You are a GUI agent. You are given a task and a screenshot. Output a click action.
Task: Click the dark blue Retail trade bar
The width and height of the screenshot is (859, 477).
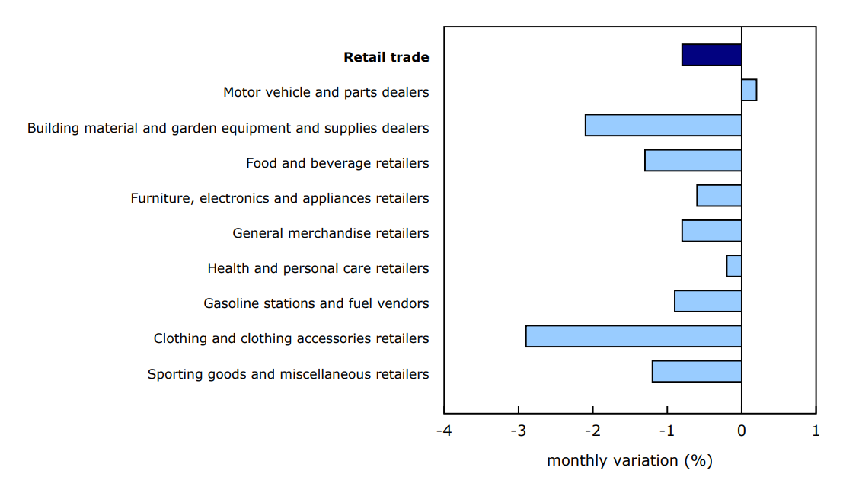pos(711,55)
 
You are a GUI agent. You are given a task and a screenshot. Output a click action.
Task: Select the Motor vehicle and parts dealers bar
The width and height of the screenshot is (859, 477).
pos(749,90)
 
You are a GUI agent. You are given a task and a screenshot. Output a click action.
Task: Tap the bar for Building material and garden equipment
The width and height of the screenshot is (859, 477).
pos(663,125)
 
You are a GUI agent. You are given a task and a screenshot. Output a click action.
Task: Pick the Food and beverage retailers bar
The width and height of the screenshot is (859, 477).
pos(693,160)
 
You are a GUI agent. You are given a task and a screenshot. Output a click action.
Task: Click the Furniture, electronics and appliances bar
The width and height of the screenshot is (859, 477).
pos(719,195)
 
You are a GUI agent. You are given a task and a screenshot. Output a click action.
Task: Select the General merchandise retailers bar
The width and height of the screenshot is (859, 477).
pos(711,230)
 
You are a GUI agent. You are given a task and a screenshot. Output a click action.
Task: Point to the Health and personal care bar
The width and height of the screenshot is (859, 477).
pos(734,266)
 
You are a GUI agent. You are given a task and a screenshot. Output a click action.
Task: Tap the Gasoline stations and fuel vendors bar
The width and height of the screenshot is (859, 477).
pos(708,301)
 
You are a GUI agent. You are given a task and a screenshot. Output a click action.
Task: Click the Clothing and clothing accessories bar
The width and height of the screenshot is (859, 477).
pos(634,336)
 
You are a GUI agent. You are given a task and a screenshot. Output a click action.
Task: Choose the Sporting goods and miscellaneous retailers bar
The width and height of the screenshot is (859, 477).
pos(697,371)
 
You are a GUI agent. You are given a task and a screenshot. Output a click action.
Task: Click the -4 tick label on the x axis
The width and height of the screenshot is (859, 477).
pos(444,431)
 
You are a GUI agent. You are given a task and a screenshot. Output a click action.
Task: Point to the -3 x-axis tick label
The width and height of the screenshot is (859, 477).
pos(518,431)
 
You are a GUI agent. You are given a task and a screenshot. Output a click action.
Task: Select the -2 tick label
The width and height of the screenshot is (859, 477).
pos(592,431)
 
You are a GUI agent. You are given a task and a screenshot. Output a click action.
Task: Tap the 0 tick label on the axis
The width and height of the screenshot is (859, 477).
pos(742,431)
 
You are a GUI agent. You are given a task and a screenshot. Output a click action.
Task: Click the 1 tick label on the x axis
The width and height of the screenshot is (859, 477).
pos(816,431)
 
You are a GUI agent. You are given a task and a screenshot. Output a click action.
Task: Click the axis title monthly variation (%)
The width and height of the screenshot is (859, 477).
pos(629,460)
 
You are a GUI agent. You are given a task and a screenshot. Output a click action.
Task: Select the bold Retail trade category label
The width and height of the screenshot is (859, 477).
pos(386,57)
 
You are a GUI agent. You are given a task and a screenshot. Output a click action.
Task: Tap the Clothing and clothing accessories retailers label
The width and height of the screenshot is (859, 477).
pos(291,338)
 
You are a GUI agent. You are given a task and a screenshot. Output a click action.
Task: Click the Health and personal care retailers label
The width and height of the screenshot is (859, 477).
pos(318,268)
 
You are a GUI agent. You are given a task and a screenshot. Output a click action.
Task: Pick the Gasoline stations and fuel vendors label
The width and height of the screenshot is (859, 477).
pos(316,303)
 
